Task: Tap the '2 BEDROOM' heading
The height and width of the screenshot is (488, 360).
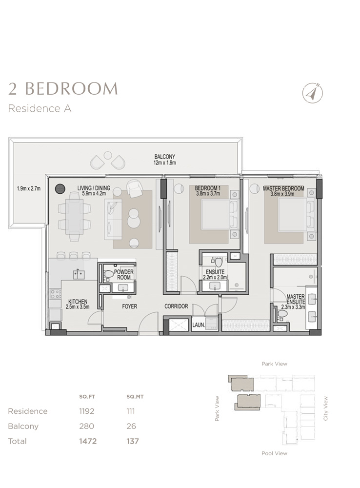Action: tap(63, 89)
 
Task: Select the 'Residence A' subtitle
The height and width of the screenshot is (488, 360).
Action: tap(40, 108)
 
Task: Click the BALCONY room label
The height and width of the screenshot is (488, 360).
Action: tap(162, 159)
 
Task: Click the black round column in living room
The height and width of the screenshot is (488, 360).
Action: tap(60, 188)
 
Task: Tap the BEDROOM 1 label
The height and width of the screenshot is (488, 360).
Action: tap(208, 190)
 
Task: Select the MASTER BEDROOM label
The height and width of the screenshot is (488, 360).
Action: tap(283, 190)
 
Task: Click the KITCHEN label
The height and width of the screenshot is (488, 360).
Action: tap(78, 304)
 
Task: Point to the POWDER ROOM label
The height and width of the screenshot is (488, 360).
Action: tap(124, 274)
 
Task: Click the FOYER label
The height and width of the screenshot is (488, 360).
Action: tap(130, 307)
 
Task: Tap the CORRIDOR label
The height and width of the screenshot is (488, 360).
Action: tap(176, 307)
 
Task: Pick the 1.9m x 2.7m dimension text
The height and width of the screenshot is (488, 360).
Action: tap(28, 188)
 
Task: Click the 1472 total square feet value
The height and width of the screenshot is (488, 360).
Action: tap(88, 441)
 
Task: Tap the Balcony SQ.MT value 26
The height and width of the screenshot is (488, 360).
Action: tap(131, 426)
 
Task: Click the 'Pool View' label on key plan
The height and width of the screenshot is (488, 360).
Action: tap(274, 453)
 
